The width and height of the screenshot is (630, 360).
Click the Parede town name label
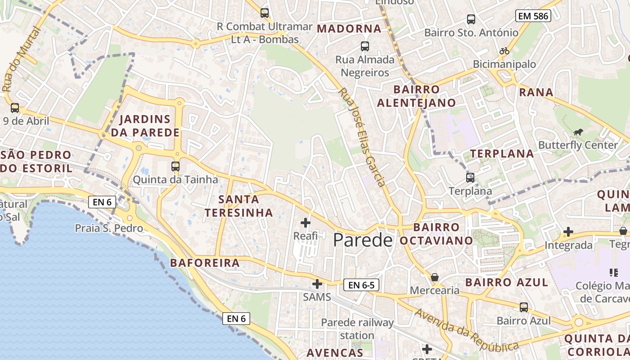click(363, 240)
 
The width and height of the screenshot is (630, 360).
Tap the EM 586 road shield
click(533, 16)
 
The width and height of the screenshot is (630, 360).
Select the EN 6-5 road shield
click(361, 285)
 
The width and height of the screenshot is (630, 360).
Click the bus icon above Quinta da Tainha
click(175, 166)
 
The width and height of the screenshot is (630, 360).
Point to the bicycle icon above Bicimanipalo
click(504, 51)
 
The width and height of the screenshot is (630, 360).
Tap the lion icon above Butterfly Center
click(578, 132)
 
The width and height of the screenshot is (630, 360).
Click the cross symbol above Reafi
click(306, 222)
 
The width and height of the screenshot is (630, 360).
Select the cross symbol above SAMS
click(317, 284)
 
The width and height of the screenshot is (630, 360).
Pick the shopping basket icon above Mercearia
click(435, 277)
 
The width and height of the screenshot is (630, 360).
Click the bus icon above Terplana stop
click(470, 177)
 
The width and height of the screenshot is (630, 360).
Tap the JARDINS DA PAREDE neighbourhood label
click(145, 126)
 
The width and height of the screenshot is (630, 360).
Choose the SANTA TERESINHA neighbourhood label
click(238, 206)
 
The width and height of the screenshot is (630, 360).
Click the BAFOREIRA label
click(205, 263)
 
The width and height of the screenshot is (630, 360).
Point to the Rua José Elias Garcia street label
click(362, 137)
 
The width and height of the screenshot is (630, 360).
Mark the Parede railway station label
click(357, 329)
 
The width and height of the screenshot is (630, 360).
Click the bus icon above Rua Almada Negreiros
click(364, 46)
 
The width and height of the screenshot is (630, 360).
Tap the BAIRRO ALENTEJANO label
click(416, 96)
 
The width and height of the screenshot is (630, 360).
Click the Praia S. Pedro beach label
click(109, 228)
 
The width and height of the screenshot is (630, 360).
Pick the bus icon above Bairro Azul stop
click(524, 307)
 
